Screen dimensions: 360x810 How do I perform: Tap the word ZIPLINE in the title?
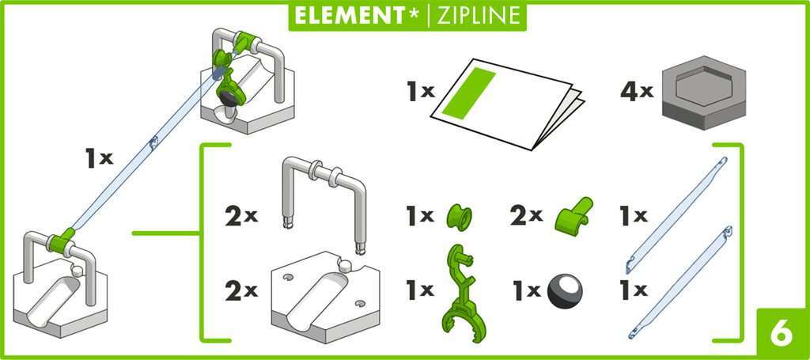point(476,16)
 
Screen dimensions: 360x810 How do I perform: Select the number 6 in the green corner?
point(779,335)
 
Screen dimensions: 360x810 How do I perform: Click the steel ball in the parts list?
point(565,290)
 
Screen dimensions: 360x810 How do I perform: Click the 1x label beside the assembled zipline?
point(100,158)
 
